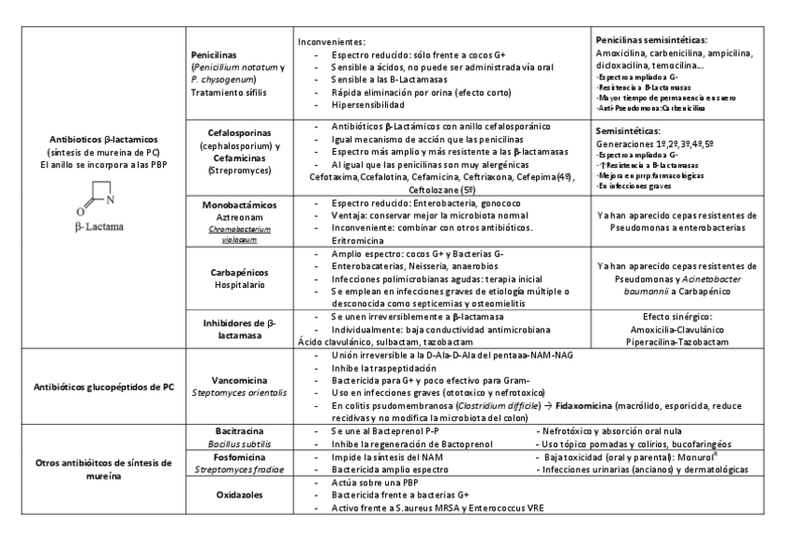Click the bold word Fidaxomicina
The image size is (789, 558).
tap(588, 406)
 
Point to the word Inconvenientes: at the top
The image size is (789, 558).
tap(332, 43)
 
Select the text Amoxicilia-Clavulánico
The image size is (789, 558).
tap(675, 330)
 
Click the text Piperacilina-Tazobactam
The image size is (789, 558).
tap(675, 342)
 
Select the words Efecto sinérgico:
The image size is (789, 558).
tap(675, 318)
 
